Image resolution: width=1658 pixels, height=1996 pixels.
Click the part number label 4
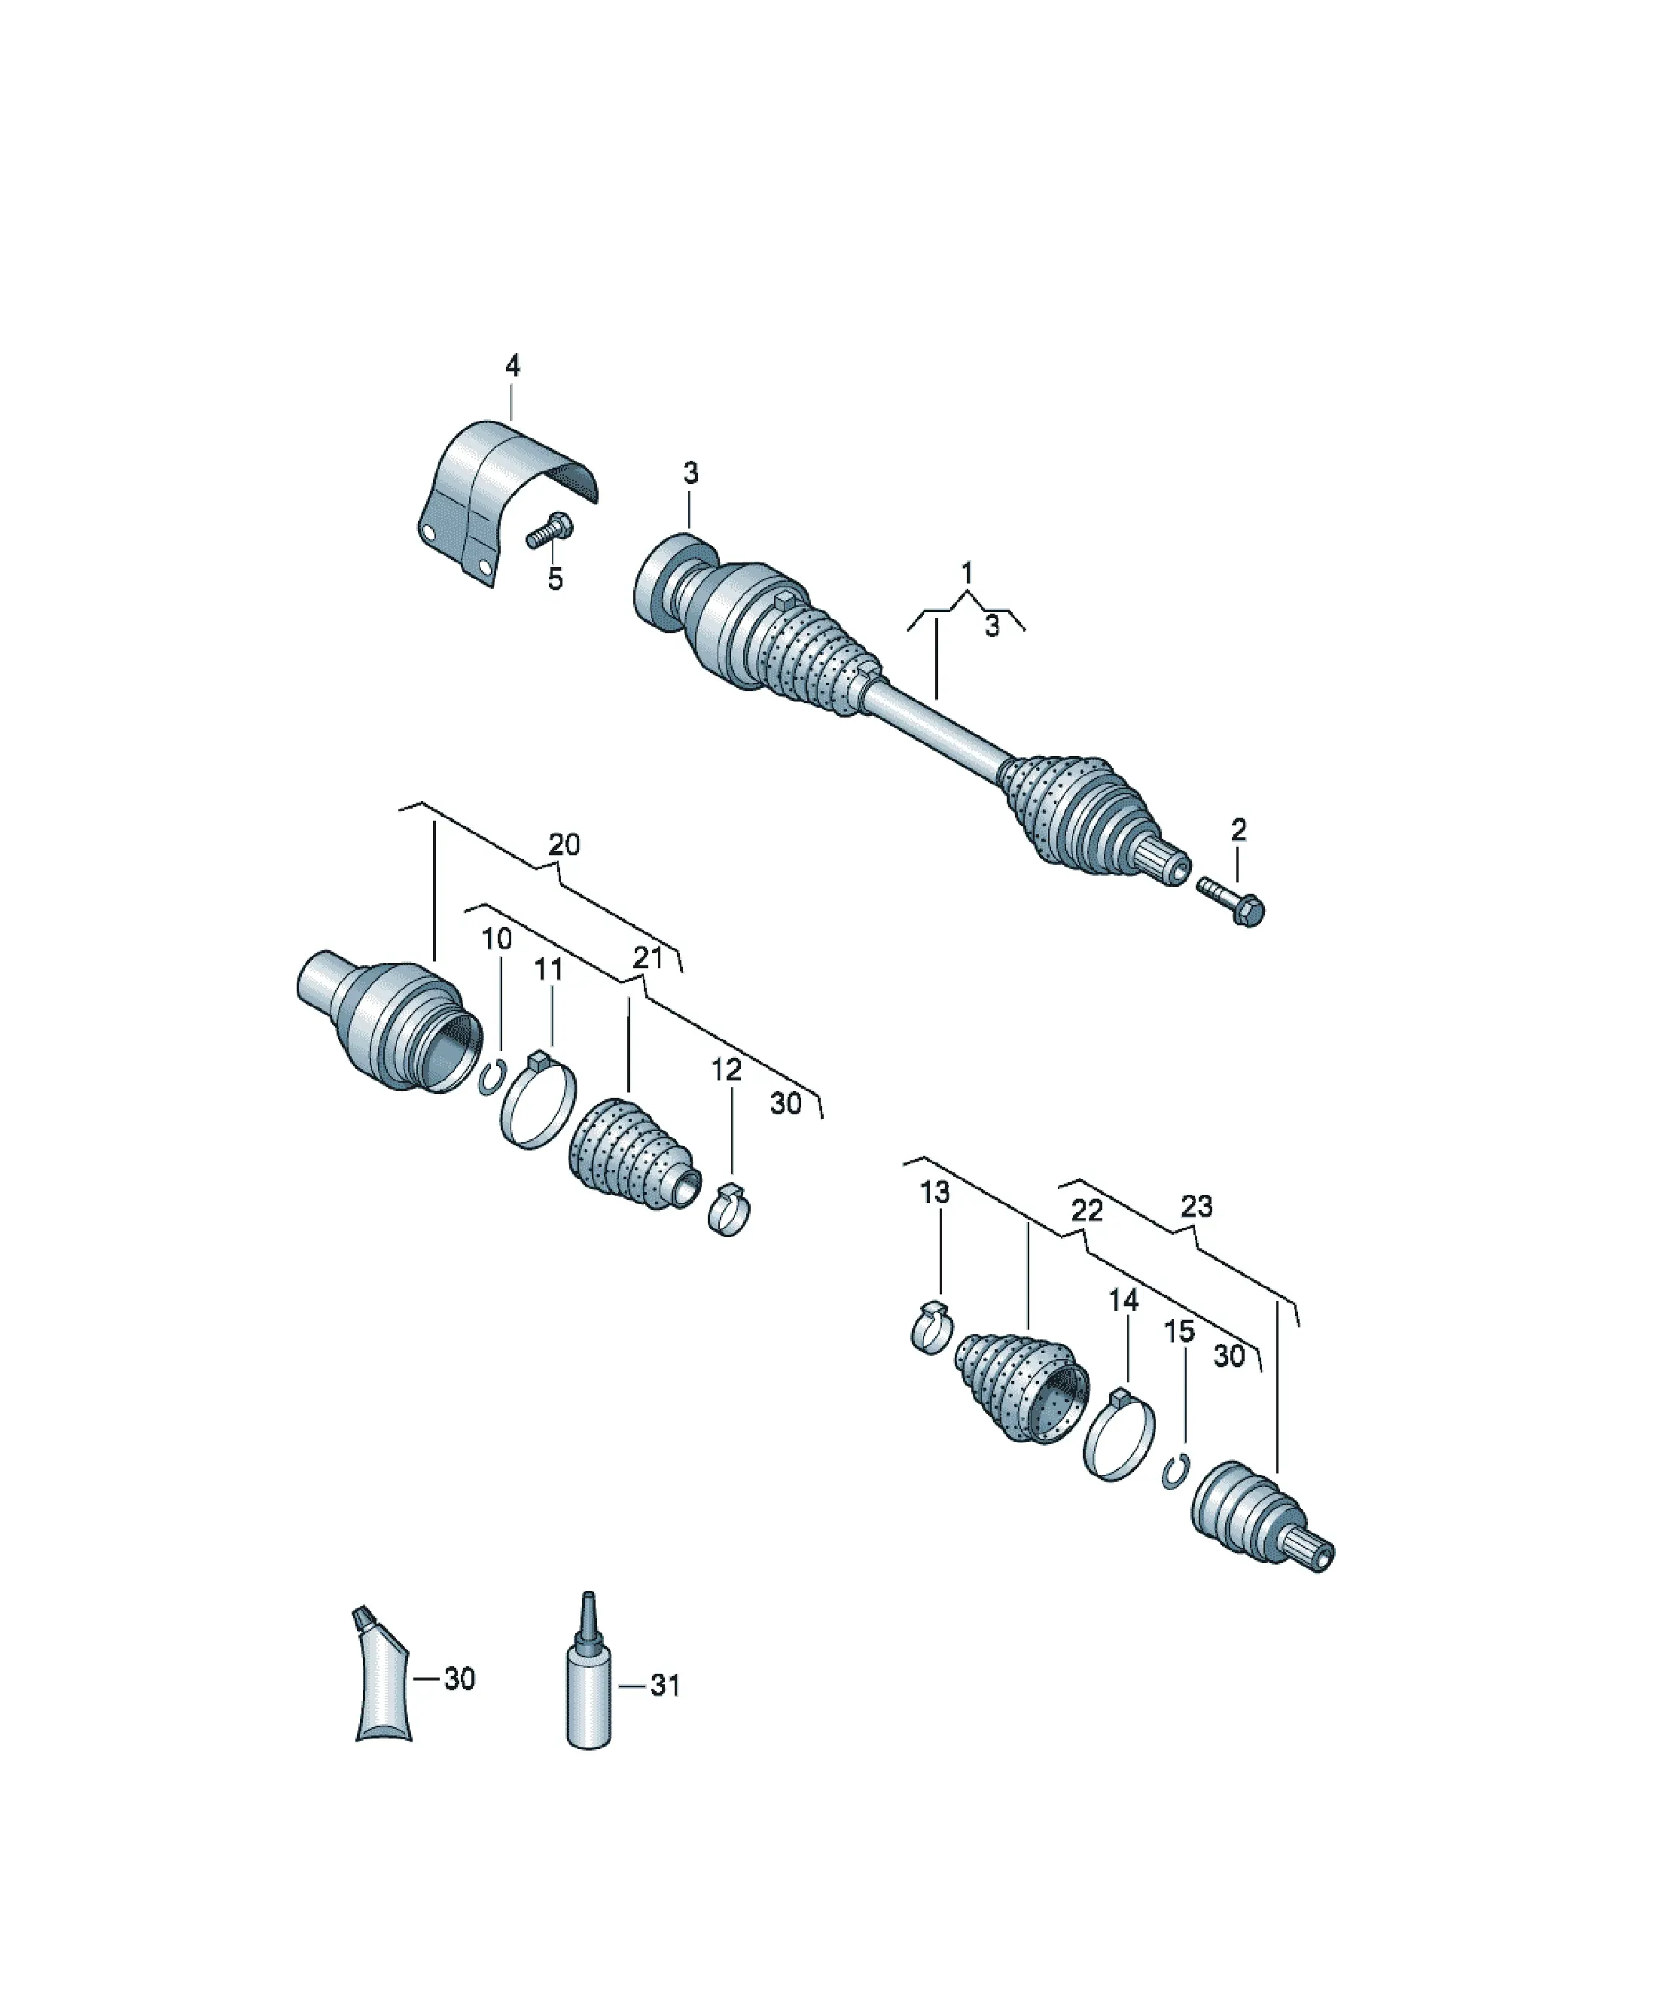[x=513, y=366]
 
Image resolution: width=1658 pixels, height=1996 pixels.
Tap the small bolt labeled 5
[x=550, y=529]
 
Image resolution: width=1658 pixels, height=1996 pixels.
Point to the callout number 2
[x=1238, y=830]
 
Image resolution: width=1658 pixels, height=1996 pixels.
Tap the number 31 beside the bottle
[x=665, y=1685]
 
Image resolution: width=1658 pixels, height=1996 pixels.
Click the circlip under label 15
[x=1176, y=1471]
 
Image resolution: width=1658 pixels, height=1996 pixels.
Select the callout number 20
[x=564, y=844]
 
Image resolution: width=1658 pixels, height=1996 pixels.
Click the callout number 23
[x=1197, y=1206]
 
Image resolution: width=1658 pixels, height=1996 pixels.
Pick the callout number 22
[x=1087, y=1210]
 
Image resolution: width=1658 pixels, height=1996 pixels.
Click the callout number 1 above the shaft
[x=967, y=573]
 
